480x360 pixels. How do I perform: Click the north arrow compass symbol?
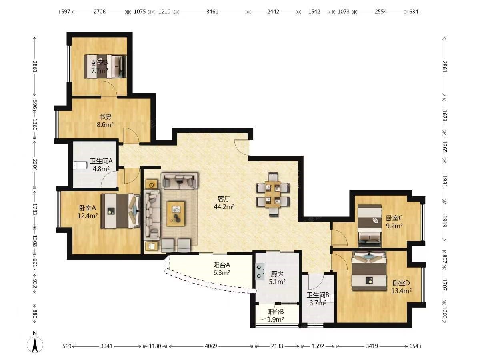[x=35, y=346]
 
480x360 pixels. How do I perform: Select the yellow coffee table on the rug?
[x=175, y=214]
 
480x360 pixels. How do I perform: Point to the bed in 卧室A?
[x=120, y=211]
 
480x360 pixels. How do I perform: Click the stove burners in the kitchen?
[x=260, y=271]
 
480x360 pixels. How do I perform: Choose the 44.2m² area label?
[x=224, y=206]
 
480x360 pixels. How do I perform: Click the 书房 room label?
[x=105, y=117]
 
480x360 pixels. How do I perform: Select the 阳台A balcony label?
[x=222, y=265]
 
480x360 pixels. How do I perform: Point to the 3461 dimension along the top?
[x=212, y=11]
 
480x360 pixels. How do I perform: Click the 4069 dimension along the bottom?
[x=211, y=346]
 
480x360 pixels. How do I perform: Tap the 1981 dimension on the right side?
[x=444, y=181]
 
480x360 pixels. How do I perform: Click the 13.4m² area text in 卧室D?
[x=401, y=291]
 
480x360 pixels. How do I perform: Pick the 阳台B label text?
[x=276, y=312]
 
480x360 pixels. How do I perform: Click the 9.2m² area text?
[x=394, y=226]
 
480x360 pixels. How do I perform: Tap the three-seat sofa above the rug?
[x=180, y=180]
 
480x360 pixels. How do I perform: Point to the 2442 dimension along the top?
[x=273, y=11]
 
